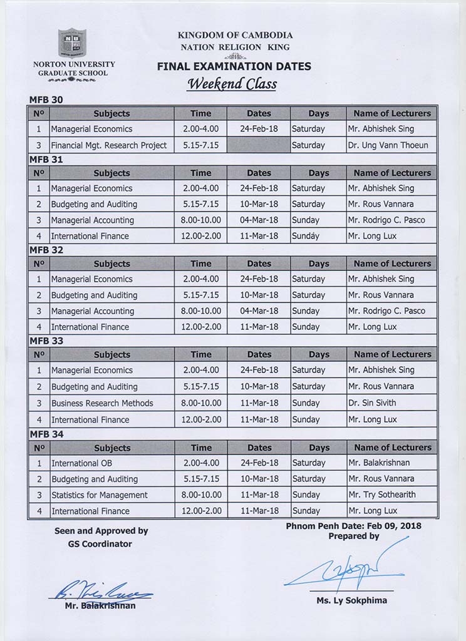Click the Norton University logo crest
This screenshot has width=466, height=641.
[72, 44]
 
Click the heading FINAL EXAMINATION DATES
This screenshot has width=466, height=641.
[234, 66]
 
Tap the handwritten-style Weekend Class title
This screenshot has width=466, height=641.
[232, 84]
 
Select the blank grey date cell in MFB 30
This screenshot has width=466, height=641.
[259, 145]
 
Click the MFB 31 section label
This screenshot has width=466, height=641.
[46, 160]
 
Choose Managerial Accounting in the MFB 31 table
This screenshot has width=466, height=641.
[93, 220]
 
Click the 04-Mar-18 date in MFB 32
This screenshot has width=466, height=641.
[259, 311]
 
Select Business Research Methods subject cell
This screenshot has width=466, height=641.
[102, 403]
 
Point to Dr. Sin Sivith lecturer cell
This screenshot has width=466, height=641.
[372, 403]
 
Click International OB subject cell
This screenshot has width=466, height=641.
[82, 463]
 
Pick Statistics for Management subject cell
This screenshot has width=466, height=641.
[100, 495]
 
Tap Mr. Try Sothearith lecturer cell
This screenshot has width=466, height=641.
[382, 495]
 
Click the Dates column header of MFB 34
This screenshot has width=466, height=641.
[259, 448]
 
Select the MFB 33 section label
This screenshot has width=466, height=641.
[46, 341]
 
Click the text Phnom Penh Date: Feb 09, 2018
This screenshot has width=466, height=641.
[354, 526]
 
